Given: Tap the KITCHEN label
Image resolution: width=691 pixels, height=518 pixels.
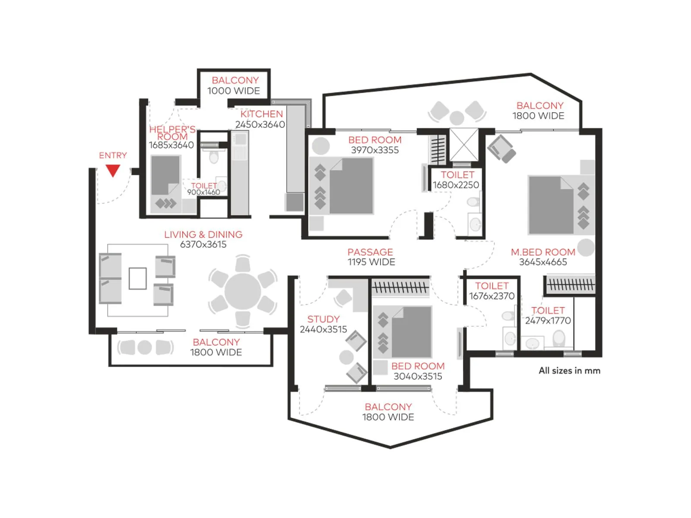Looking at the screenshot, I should coord(262,114).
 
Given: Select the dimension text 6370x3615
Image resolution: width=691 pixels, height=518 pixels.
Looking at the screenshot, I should coord(203,244).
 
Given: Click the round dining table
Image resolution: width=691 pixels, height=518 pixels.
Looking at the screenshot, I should coord(243,291).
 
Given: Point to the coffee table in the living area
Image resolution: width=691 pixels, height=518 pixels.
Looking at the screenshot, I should coord(137,278).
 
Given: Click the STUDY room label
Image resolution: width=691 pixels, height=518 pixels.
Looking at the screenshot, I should coord(323,319).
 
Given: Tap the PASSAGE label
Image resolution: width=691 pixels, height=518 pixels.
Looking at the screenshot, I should coord(370,252).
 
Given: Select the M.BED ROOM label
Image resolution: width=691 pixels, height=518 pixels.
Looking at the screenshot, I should coord(543,252).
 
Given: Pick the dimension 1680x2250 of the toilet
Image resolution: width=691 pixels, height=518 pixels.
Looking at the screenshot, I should coord(456,185).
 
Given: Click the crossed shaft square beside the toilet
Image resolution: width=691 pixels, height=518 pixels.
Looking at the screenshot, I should coord(464,144).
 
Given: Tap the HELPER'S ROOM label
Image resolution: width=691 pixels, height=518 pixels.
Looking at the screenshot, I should coord(172,133).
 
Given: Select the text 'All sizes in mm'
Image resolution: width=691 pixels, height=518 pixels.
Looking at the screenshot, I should coord(569,370).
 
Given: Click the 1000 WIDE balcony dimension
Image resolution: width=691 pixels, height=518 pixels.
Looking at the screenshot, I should coord(234,91).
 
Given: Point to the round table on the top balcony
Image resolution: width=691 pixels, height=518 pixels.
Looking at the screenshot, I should coord(456,117).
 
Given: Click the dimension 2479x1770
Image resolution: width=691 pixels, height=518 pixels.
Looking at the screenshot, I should coord(548,321).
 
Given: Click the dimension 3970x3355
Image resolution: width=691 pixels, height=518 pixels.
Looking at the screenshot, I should coord(375,150).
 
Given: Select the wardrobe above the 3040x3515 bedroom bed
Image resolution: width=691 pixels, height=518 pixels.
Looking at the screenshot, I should coord(400,287).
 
